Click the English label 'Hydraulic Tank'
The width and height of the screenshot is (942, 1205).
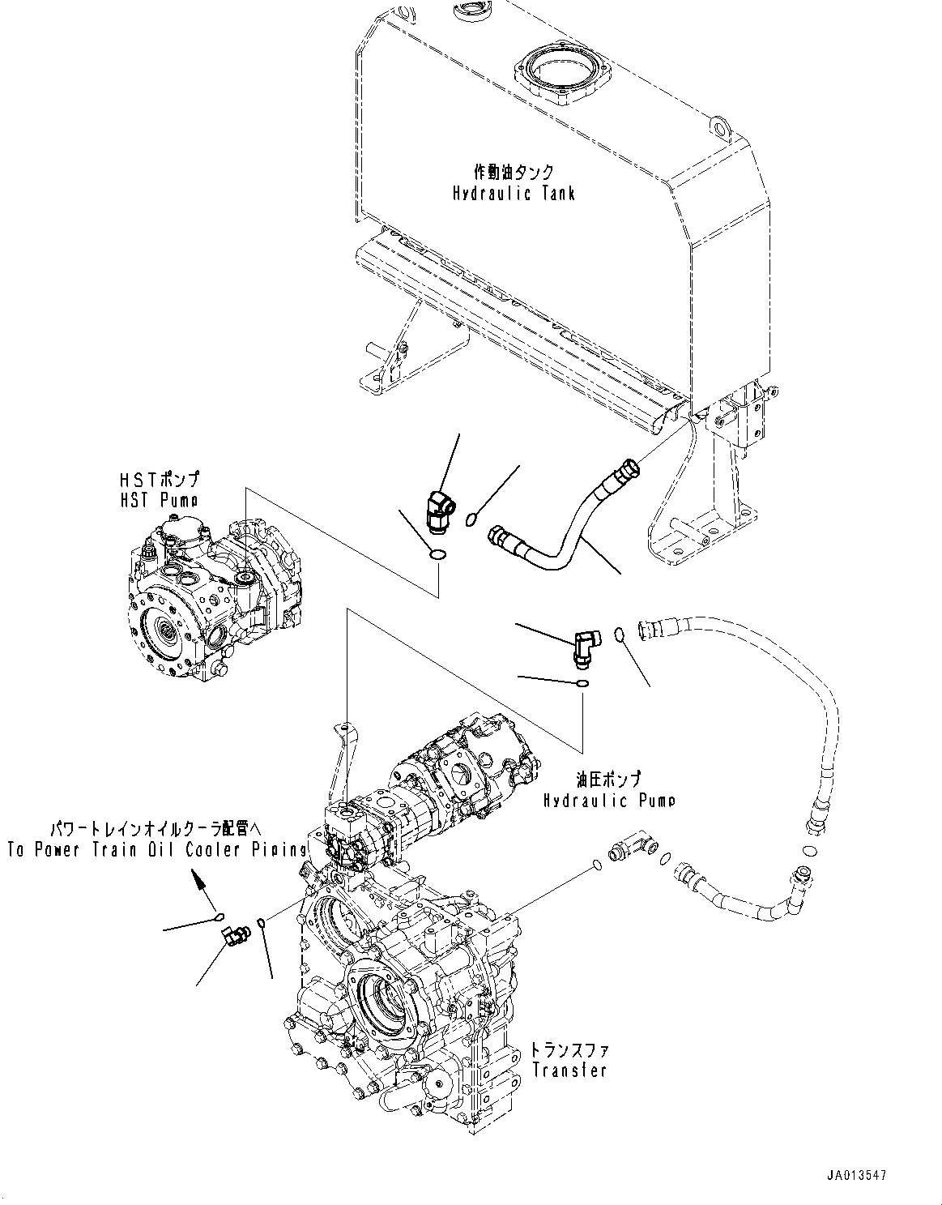514,194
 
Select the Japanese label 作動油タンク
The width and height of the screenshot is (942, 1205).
514,172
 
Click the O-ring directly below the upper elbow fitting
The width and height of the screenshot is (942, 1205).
437,556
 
